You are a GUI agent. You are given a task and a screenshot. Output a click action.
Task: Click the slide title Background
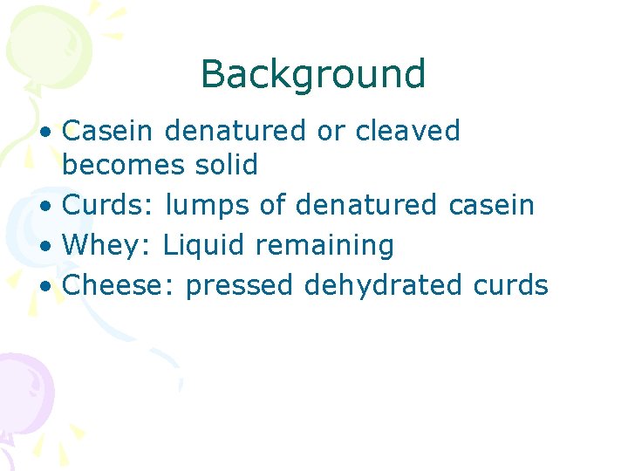[x=312, y=75]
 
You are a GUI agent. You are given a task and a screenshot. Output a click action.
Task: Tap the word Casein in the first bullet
[x=108, y=131]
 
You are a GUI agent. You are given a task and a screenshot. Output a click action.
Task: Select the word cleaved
[x=408, y=131]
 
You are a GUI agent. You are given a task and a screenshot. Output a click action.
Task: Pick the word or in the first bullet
[x=331, y=131]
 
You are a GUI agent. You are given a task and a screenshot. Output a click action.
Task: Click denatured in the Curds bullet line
[x=366, y=205]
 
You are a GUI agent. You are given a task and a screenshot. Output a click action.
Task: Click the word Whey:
[x=109, y=246]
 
